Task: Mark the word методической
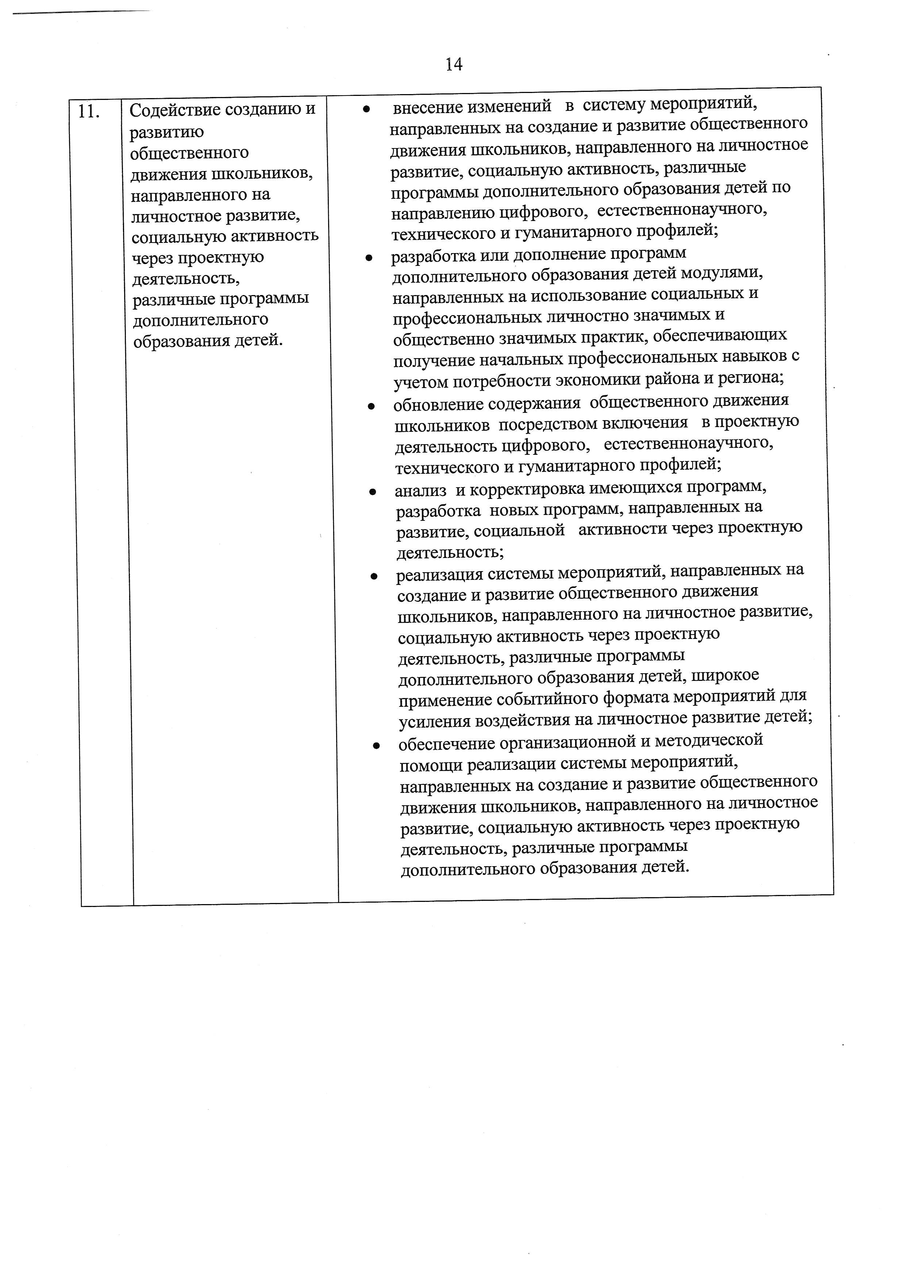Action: (x=708, y=740)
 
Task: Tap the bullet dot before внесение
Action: (x=366, y=109)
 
